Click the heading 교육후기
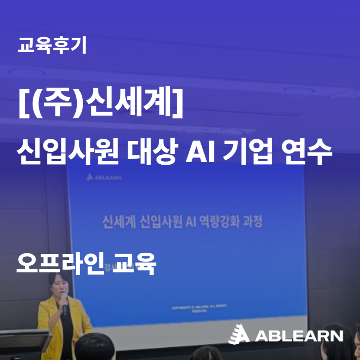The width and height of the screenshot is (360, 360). [x=52, y=45]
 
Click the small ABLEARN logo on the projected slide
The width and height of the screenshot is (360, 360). [x=104, y=177]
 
